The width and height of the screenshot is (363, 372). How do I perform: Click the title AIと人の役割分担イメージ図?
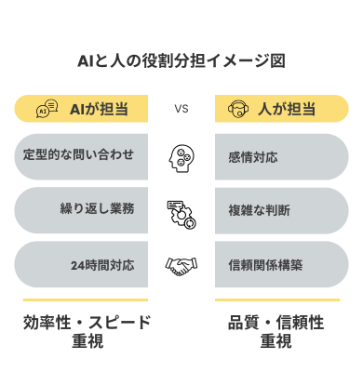pyautogui.click(x=181, y=60)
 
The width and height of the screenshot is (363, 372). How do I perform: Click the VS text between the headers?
pyautogui.click(x=181, y=109)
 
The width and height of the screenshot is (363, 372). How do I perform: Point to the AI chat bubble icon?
pyautogui.click(x=47, y=110)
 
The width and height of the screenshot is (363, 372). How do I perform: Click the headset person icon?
pyautogui.click(x=237, y=110)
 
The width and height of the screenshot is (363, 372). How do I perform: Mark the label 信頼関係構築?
pyautogui.click(x=265, y=265)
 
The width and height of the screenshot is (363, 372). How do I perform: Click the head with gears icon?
pyautogui.click(x=181, y=156)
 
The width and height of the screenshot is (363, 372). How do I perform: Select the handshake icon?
pyautogui.click(x=181, y=265)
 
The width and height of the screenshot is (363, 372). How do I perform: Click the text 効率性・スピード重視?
pyautogui.click(x=87, y=332)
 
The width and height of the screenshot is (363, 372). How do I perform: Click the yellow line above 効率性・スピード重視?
pyautogui.click(x=87, y=300)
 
